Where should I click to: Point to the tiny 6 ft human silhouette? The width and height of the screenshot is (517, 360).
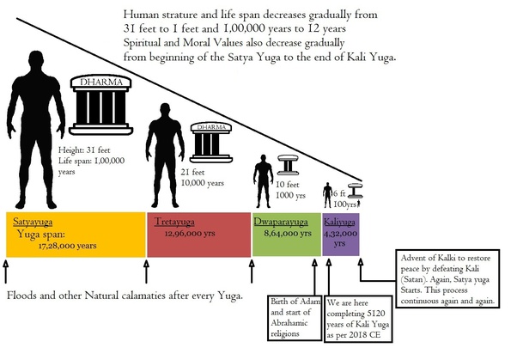click(x=326, y=196)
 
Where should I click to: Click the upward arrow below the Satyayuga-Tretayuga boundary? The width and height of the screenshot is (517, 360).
click(x=146, y=272)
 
